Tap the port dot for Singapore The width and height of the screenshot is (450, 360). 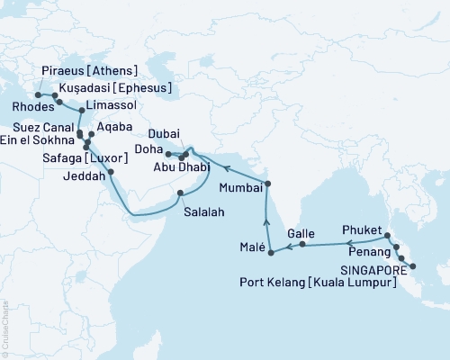tap(412, 266)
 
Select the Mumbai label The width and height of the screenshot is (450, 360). tap(239, 189)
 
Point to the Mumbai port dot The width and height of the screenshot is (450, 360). tap(267, 184)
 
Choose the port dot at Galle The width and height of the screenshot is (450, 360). tap(302, 244)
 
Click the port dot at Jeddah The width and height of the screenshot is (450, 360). tap(111, 172)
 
